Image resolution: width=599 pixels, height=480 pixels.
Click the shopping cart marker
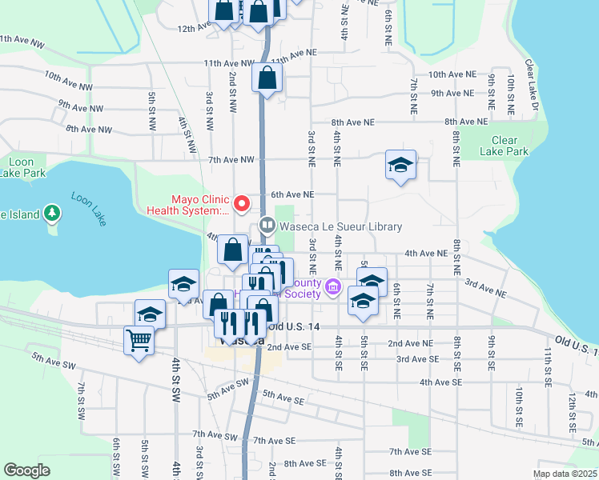[x=139, y=341]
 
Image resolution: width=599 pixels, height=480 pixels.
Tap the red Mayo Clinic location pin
[x=239, y=201]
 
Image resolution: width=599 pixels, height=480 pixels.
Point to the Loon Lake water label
[x=88, y=210]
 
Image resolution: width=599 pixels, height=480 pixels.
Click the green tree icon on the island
[x=51, y=213]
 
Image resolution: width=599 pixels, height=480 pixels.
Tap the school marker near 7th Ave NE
[x=400, y=166]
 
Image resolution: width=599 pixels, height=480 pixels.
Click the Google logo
[x=26, y=470]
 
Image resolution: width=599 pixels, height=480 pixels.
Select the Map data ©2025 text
[x=565, y=474]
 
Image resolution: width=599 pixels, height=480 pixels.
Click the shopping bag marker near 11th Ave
[x=267, y=78]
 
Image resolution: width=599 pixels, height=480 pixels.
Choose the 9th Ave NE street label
[x=453, y=94]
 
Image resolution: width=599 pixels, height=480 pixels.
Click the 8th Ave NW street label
[x=88, y=129]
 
